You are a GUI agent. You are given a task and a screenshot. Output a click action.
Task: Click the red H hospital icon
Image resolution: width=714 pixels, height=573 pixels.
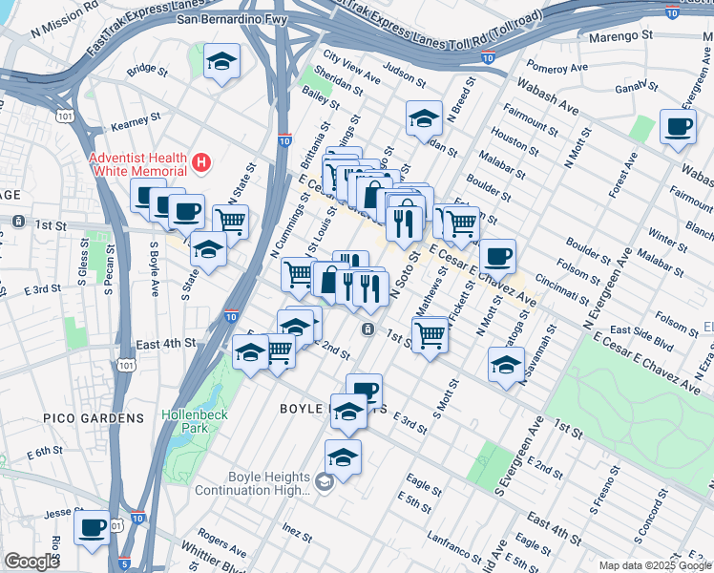200,164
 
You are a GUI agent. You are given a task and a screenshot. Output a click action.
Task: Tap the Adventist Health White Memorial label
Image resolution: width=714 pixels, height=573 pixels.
136,164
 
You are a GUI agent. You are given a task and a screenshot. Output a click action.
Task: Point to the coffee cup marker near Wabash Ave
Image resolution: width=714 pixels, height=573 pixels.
678,127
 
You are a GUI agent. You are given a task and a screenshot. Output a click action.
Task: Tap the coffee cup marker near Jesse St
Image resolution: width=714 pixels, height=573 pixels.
93,527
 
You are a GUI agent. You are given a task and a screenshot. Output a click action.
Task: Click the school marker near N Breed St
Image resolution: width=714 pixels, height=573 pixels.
424,119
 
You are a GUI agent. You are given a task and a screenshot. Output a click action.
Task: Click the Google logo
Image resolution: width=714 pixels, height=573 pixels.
31,562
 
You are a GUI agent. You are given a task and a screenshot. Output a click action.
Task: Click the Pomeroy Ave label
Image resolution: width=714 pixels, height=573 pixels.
562,68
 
